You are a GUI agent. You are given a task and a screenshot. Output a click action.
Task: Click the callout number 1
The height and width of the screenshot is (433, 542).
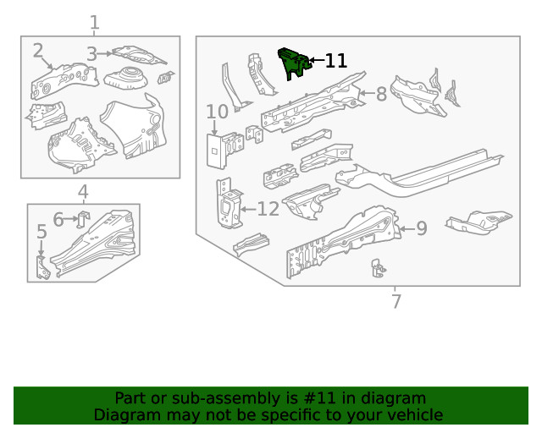click(x=94, y=23)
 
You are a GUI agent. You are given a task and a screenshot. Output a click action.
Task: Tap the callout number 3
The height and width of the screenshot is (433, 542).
click(x=91, y=54)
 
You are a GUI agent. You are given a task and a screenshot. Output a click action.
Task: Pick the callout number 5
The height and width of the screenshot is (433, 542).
click(x=41, y=232)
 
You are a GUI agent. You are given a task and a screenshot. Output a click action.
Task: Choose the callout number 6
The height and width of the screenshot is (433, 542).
click(x=58, y=220)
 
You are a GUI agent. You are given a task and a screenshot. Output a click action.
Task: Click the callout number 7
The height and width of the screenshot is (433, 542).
click(x=395, y=300)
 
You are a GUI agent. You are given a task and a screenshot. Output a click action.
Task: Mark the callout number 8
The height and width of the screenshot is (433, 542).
click(x=381, y=94)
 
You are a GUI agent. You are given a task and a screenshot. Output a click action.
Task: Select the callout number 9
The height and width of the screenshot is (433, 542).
click(x=421, y=227)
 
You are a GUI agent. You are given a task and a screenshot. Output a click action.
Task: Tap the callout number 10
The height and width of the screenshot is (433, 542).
click(x=217, y=112)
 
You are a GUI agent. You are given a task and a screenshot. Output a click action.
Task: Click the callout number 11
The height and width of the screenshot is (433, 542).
click(x=335, y=61)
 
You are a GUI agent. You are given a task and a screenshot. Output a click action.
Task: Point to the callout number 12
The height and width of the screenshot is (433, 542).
click(x=268, y=208)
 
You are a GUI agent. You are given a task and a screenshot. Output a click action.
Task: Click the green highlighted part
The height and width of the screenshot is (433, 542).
click(x=293, y=63)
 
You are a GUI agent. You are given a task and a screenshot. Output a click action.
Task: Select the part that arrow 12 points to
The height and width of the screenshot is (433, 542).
click(x=227, y=204)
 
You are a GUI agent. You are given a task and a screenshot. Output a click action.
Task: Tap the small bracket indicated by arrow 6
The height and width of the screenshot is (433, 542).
click(x=83, y=219)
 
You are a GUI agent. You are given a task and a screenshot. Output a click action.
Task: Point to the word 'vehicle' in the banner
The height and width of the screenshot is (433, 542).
click(x=413, y=414)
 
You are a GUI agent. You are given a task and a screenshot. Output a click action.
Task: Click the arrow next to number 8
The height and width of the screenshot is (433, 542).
click(x=365, y=93)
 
